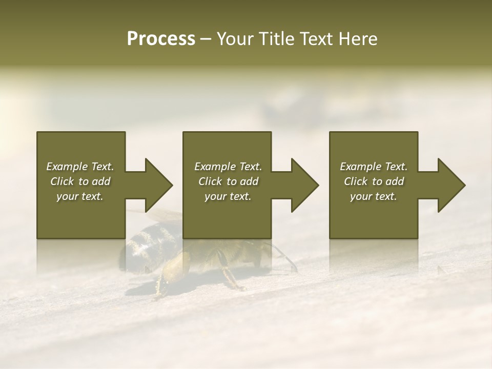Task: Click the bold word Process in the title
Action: pos(161,39)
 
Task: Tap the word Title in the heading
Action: pos(276,39)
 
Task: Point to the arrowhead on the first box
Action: pos(157,185)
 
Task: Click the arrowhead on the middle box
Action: pos(303,185)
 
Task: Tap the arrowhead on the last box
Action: pos(450,185)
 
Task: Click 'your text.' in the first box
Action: pos(80,196)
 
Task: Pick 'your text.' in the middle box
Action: pos(228,196)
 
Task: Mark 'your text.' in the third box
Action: pos(374,196)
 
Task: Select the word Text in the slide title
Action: pos(317,39)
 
